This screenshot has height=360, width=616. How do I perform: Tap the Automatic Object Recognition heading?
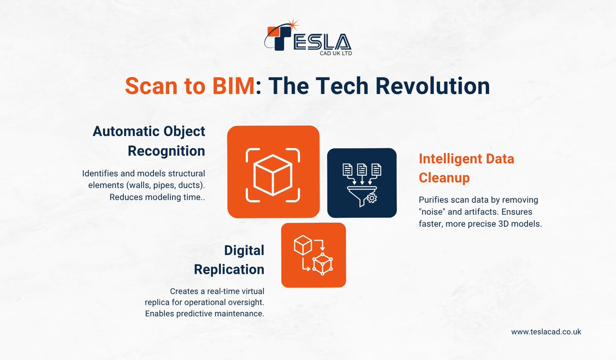[149, 141]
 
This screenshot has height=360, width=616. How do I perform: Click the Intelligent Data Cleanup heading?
[466, 168]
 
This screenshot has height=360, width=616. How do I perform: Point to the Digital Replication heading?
[244, 259]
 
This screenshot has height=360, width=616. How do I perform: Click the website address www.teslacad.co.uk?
[546, 332]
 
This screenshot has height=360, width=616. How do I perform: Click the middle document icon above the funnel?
[361, 169]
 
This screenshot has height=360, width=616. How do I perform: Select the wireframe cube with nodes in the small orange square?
[322, 263]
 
